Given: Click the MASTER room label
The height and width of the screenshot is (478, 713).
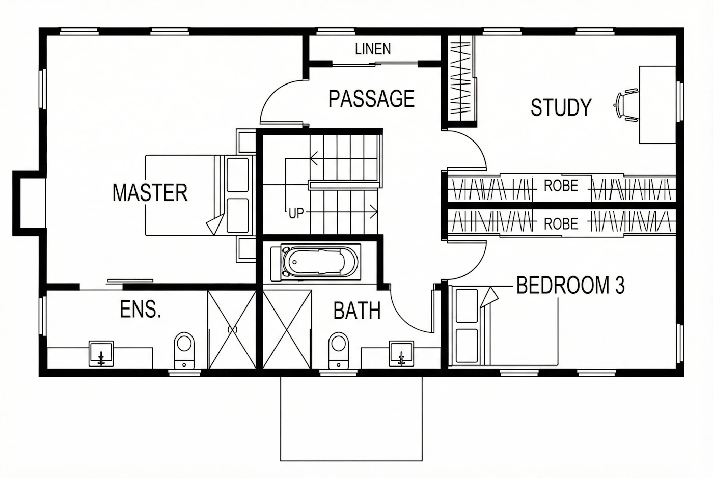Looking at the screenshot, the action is (150, 192).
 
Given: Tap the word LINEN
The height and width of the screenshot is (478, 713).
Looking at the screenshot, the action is (373, 49).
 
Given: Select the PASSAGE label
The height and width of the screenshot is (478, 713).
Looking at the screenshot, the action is (371, 99).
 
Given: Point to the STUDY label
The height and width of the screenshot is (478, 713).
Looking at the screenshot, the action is (561, 107).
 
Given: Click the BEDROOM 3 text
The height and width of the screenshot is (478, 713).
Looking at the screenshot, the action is (570, 285).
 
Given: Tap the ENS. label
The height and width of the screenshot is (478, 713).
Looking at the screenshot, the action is (141, 309).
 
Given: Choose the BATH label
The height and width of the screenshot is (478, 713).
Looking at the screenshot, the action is (357, 311).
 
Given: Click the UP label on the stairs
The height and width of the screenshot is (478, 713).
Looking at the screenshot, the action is (296, 214).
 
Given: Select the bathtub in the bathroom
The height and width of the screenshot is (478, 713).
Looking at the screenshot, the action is (320, 263).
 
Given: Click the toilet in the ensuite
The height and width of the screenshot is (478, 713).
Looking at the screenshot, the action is (184, 350).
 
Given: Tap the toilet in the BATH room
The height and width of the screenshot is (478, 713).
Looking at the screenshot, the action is (338, 350).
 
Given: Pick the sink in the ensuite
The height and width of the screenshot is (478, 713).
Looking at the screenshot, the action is (101, 354).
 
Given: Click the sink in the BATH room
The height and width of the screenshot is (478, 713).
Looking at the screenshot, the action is (401, 354).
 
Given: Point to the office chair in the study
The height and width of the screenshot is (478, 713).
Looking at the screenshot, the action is (626, 105).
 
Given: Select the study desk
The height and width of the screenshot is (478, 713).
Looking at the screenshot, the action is (657, 105).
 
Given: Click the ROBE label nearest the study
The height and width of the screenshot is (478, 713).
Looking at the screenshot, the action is (561, 186).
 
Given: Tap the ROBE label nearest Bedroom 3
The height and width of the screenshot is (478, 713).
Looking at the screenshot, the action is (561, 224).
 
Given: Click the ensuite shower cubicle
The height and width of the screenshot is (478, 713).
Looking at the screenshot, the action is (232, 329).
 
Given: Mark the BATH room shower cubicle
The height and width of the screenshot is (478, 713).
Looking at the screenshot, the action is (287, 329).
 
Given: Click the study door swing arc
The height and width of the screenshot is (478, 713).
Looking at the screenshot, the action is (475, 141).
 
